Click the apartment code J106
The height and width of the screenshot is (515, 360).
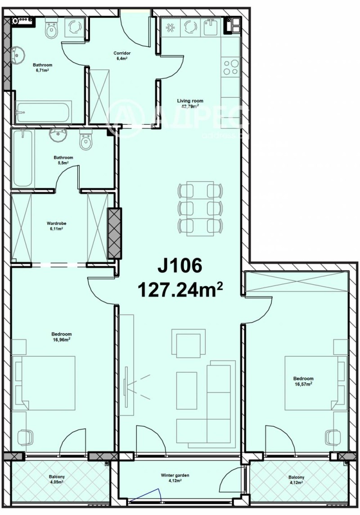180,266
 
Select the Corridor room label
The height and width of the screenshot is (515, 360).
122,55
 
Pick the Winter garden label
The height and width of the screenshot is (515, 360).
175,477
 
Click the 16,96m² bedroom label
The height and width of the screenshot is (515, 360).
62,337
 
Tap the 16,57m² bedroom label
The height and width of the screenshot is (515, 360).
303,381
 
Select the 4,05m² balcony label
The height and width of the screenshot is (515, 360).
57,479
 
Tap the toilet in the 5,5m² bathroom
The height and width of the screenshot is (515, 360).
85,140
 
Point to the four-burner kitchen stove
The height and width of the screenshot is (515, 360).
231,68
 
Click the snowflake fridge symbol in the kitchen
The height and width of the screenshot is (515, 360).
171,27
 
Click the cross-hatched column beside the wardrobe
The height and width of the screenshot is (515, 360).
115,233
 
